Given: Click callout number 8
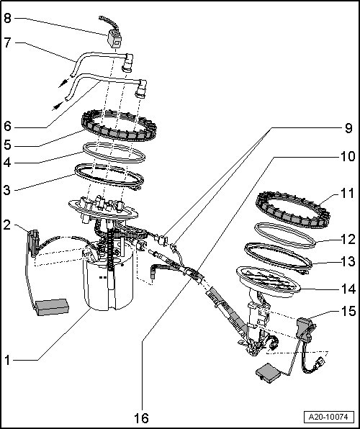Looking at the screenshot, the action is coord(7,19).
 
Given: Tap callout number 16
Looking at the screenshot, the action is coord(141,417).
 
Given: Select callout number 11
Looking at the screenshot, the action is coord(348,194).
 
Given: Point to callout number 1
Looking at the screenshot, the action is coord(7,360).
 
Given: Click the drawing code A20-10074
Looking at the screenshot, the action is coord(328,417).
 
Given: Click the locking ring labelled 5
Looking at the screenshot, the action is coord(119,125).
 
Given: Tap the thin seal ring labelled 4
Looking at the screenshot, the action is coord(114,152).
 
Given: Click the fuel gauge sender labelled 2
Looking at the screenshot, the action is coord(33,243).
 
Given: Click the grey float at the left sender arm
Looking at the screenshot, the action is coord(52,307).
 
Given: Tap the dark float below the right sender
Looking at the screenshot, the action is coord(268,372).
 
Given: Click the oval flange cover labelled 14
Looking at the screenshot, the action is coord(268,282).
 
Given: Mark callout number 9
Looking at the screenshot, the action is coord(348,128).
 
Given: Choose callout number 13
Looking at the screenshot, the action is coord(348,262).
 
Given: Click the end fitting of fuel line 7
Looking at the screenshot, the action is coord(128,63).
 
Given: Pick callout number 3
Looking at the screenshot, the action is coord(7,190).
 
